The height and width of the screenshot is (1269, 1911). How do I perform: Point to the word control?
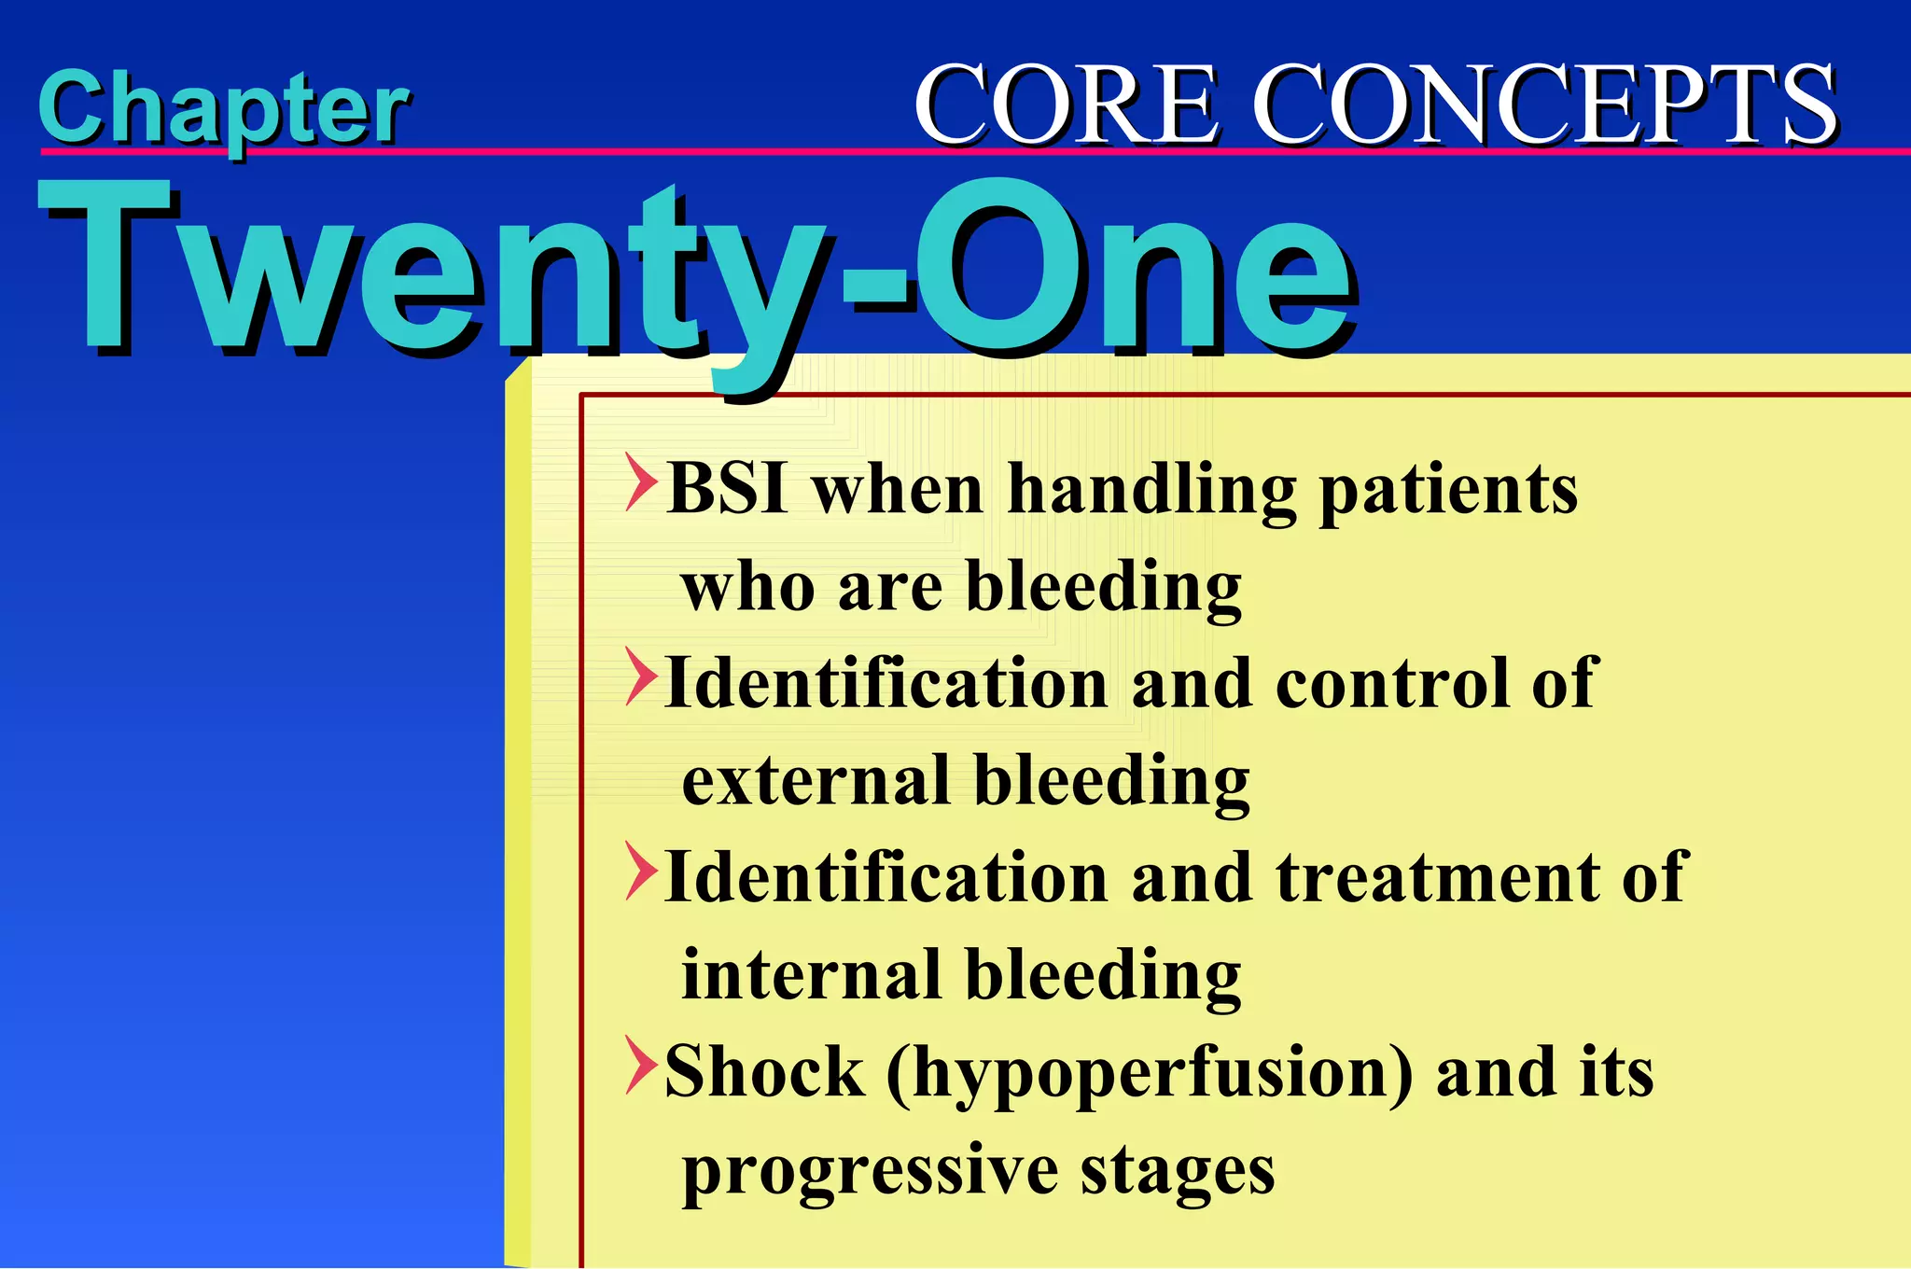point(1390,682)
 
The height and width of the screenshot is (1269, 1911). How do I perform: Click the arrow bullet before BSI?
point(640,483)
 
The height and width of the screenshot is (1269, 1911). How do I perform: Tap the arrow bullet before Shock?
point(640,1066)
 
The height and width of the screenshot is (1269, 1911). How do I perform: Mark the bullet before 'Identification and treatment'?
point(640,872)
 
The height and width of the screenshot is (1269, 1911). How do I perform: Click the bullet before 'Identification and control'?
point(640,676)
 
